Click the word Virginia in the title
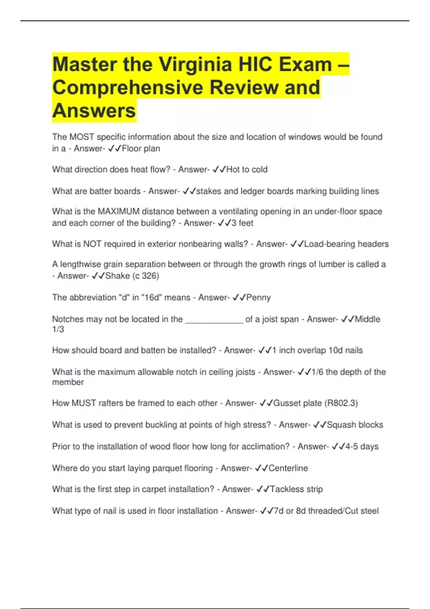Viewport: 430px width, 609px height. coord(195,65)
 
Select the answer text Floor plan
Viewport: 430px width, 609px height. coord(141,149)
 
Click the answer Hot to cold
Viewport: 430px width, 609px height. coord(247,169)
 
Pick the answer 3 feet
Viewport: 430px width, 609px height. coord(242,223)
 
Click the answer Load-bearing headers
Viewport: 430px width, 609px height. coord(346,244)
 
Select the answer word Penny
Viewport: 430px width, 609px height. coord(258,298)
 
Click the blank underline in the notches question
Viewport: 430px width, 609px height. coord(214,320)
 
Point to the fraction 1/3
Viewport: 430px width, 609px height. coord(58,330)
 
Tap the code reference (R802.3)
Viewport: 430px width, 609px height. coord(341,403)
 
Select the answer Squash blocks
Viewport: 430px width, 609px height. coord(355,425)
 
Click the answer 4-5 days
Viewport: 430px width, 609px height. coord(362,447)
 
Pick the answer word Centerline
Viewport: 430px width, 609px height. coord(288,468)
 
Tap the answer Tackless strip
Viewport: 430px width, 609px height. coord(296,489)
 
